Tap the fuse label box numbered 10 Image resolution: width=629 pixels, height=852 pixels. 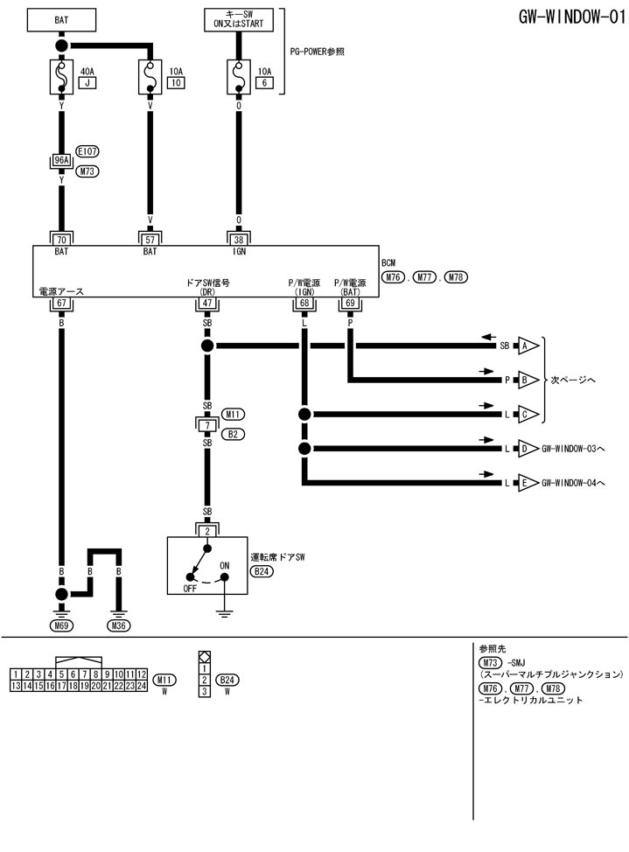(176, 83)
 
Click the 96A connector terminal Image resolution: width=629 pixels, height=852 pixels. (62, 161)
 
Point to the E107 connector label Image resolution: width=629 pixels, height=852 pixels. (87, 150)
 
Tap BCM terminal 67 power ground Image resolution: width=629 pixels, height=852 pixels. (62, 303)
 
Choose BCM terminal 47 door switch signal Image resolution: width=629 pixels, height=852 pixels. (208, 303)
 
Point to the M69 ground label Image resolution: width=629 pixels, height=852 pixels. (62, 625)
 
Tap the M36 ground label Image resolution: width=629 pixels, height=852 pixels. (119, 625)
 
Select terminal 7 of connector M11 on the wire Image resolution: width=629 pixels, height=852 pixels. (208, 424)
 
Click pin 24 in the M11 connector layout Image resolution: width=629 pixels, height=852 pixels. (142, 687)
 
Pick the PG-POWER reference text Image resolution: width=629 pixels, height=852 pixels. (317, 52)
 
